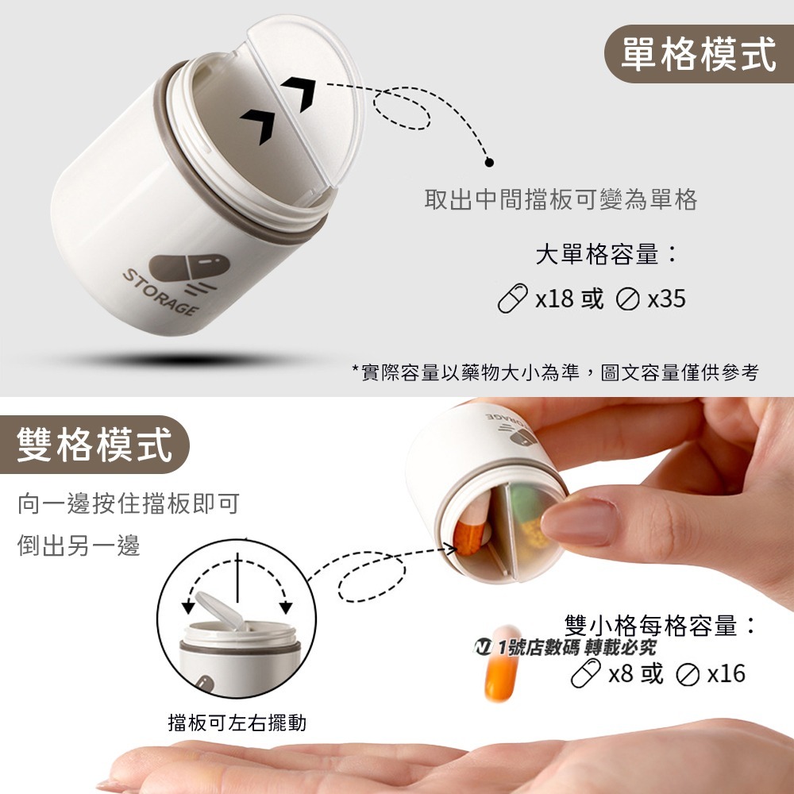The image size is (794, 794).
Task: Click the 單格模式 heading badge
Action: pyautogui.click(x=698, y=55)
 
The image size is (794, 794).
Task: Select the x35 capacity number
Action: pyautogui.click(x=666, y=299)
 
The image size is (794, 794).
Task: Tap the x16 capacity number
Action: pyautogui.click(x=726, y=673)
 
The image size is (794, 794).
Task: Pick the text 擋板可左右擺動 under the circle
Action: pyautogui.click(x=237, y=723)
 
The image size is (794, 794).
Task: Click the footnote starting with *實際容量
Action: pyautogui.click(x=555, y=372)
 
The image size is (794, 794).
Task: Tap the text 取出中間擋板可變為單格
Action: pyautogui.click(x=561, y=199)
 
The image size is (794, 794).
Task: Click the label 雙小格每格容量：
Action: pyautogui.click(x=660, y=626)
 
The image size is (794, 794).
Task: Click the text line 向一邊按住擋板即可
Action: pyautogui.click(x=128, y=503)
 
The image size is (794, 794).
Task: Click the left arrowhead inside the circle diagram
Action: pyautogui.click(x=188, y=607)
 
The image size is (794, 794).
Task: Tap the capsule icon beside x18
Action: pyautogui.click(x=512, y=299)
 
